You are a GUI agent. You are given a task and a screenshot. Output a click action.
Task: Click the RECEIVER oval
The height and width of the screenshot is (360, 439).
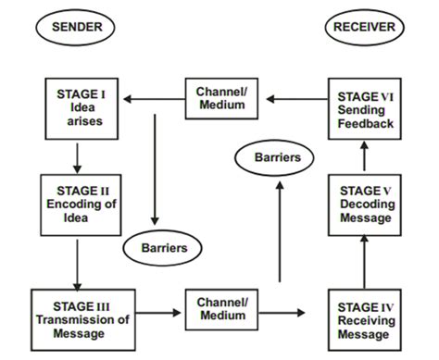click(364, 27)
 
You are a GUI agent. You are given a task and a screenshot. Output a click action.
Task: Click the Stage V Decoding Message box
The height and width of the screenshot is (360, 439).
click(364, 204)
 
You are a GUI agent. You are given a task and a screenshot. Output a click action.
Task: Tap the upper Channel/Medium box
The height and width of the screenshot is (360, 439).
click(222, 98)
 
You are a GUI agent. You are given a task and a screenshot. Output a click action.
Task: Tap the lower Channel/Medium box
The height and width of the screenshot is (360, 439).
click(222, 308)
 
